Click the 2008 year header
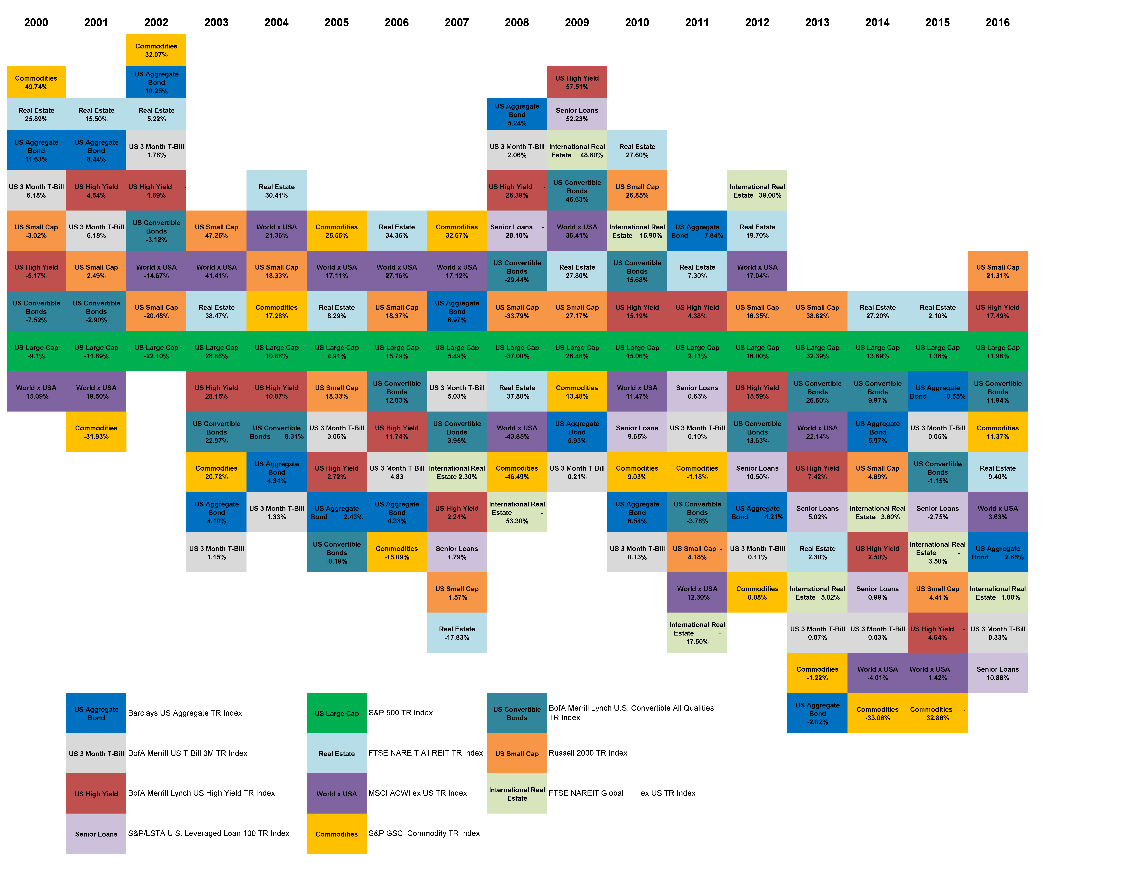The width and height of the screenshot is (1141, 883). point(517,22)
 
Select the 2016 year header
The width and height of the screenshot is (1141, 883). point(997,22)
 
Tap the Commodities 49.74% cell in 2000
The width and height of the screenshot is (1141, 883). point(36,82)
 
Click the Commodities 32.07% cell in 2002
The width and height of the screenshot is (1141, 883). point(156,50)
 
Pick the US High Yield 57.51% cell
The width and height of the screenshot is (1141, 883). point(577,82)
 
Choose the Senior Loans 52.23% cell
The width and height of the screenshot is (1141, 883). point(577,115)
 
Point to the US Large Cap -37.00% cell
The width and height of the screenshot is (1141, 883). point(517,352)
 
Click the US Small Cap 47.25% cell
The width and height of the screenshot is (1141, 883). point(216,231)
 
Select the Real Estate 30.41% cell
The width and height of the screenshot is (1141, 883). point(276,191)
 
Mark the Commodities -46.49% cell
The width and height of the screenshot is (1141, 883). point(517,472)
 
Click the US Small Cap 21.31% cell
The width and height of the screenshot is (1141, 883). point(997,271)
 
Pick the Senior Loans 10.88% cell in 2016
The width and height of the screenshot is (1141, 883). point(997,673)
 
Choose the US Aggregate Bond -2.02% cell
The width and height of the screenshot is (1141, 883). point(817,713)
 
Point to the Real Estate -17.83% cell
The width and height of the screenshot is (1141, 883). point(457,633)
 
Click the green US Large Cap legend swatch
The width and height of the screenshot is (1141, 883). point(336,713)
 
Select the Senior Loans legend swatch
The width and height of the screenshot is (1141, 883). point(96,834)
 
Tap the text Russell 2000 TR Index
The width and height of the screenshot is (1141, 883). point(588,753)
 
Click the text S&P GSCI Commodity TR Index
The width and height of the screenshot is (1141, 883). point(424,833)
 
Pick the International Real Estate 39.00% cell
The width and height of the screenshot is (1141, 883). point(757,191)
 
